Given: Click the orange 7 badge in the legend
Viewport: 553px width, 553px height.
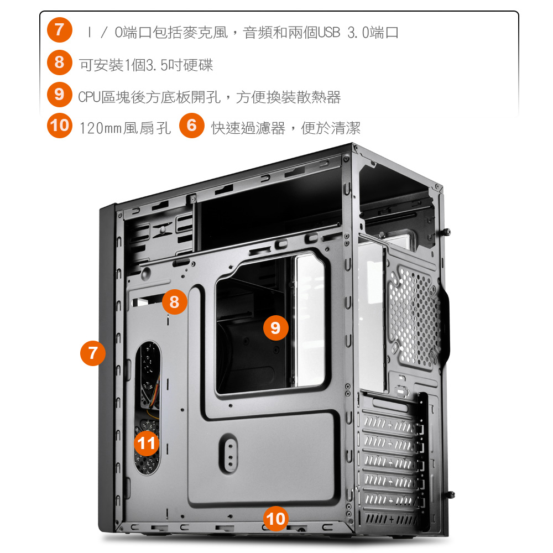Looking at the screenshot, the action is coord(60,30).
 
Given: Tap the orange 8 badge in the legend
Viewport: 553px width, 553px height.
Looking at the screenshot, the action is coord(60,62).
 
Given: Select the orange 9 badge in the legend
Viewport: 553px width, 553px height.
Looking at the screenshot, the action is coord(60,94).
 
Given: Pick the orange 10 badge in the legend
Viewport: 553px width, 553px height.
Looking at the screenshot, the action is coord(60,125).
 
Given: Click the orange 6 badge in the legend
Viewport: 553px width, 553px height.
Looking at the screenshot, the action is coord(192,125).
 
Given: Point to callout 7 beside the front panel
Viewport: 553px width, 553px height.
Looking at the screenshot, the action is coord(93,353).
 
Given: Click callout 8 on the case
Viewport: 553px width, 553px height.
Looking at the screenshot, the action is coord(175,302).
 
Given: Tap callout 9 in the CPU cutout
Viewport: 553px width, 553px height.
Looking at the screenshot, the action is coord(276,328).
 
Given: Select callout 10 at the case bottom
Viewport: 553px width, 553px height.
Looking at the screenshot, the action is coord(276,519).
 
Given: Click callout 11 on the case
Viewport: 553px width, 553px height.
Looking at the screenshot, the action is coord(147,444).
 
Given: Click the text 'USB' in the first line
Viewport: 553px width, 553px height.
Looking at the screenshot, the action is coord(328,33).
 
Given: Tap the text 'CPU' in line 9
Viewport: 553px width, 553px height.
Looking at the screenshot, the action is coord(90,97).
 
